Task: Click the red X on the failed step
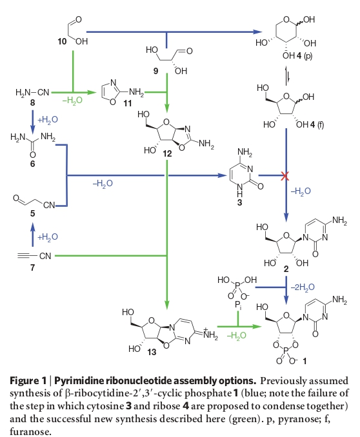[285, 176]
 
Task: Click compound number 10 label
[62, 41]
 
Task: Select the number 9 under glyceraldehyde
[155, 71]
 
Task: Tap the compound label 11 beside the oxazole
[128, 103]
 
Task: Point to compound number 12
[167, 153]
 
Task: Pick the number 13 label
[152, 353]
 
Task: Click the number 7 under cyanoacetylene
[33, 267]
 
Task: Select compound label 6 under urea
[33, 164]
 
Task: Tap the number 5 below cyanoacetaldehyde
[33, 213]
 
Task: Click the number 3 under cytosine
[239, 202]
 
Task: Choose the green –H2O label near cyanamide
[72, 101]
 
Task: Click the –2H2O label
[303, 287]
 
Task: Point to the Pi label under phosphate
[238, 306]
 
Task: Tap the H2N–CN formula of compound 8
[32, 92]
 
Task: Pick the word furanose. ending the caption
[30, 432]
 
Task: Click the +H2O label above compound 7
[48, 237]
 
